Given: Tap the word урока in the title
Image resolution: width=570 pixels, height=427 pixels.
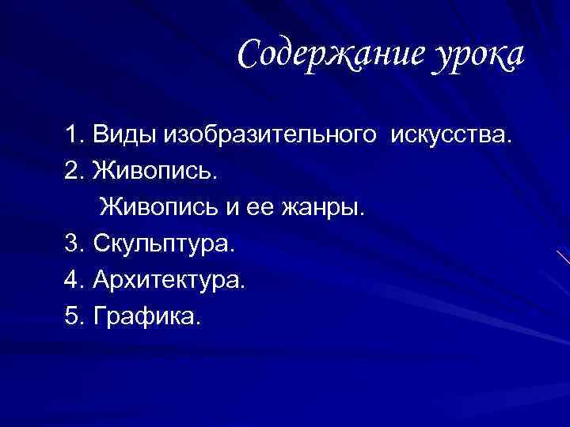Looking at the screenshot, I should click(x=478, y=55).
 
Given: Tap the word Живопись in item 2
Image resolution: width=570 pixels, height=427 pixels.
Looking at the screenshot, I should click(x=154, y=169).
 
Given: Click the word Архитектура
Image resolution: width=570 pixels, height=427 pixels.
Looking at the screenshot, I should click(x=169, y=280).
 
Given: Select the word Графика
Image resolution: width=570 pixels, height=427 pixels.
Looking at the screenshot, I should click(x=147, y=316).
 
